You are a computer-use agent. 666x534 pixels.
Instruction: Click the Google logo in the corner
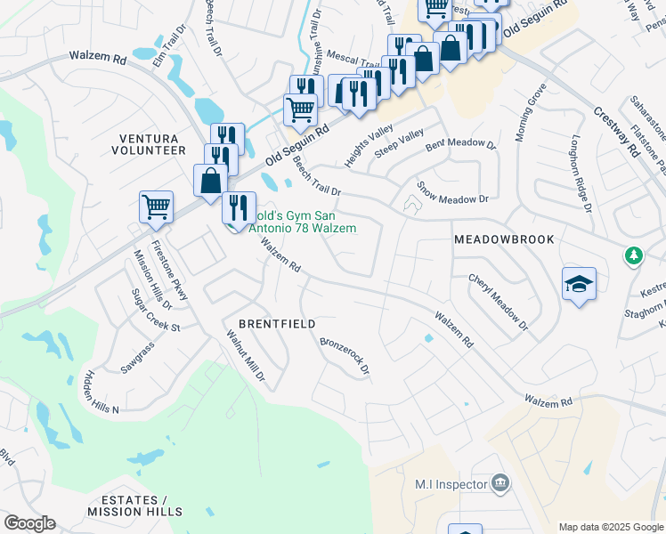(29, 523)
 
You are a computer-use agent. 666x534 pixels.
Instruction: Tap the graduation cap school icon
(579, 285)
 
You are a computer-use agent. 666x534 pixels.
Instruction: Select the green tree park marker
(633, 255)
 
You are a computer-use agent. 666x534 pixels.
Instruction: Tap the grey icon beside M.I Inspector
(500, 483)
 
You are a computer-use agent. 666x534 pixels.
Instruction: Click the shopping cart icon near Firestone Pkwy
(156, 206)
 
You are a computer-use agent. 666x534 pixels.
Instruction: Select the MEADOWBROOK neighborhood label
(504, 239)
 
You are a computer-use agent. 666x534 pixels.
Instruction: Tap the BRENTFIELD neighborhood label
(277, 324)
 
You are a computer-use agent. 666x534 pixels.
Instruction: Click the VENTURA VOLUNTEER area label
(149, 144)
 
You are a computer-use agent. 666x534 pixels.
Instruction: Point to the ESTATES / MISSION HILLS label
(135, 506)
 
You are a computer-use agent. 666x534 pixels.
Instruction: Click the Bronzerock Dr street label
(344, 354)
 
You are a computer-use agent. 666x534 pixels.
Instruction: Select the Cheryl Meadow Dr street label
(499, 303)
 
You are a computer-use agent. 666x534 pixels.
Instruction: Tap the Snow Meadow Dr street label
(453, 193)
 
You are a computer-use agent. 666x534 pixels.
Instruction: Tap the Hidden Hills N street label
(101, 389)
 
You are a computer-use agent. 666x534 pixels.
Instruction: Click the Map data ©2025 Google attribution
(610, 526)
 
